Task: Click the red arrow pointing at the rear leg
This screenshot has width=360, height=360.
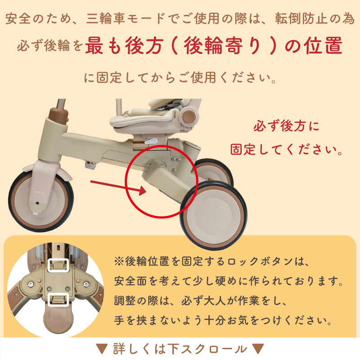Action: click(117, 187)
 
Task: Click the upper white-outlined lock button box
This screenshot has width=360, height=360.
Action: click(58, 266)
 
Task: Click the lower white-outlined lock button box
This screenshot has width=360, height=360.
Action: click(58, 299)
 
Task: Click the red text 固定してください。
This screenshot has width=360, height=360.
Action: click(287, 149)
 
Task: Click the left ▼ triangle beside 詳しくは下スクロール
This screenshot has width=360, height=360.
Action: click(102, 349)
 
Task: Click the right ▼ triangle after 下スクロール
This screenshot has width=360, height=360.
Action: click(257, 349)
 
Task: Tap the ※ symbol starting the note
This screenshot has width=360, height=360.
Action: click(119, 261)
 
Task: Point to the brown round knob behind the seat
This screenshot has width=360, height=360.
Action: click(189, 117)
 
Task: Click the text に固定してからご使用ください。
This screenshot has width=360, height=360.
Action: click(180, 77)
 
